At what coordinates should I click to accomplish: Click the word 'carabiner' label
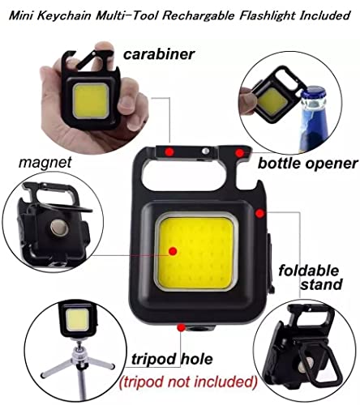pyautogui.click(x=159, y=54)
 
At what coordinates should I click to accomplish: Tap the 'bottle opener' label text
pyautogui.click(x=308, y=164)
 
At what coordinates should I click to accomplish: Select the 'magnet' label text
pyautogui.click(x=45, y=163)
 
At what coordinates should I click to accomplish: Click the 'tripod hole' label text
pyautogui.click(x=172, y=359)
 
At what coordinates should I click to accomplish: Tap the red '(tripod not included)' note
pyautogui.click(x=188, y=382)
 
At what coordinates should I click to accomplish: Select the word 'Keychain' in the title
pyautogui.click(x=64, y=15)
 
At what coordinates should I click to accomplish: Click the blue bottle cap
pyautogui.click(x=314, y=95)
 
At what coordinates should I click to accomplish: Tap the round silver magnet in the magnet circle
pyautogui.click(x=59, y=228)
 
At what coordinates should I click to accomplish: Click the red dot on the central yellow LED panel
pyautogui.click(x=173, y=251)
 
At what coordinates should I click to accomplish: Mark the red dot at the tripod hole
pyautogui.click(x=181, y=328)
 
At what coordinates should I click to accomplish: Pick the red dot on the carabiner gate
pyautogui.click(x=169, y=151)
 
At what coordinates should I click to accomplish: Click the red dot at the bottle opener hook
pyautogui.click(x=239, y=153)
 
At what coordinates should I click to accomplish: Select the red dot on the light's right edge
pyautogui.click(x=259, y=214)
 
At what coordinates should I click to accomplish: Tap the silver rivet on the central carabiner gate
pyautogui.click(x=205, y=151)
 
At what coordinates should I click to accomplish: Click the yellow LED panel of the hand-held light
pyautogui.click(x=91, y=100)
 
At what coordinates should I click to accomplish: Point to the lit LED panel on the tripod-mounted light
pyautogui.click(x=77, y=320)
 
